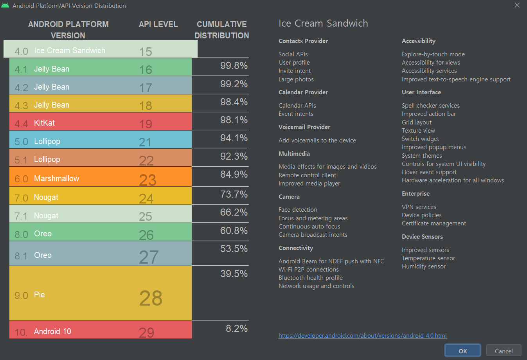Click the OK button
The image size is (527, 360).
[462, 351]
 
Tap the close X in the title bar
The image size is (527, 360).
[517, 5]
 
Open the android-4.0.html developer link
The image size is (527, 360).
[362, 335]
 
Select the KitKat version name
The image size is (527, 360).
[44, 123]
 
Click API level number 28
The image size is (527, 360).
[151, 298]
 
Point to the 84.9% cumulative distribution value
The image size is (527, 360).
[234, 174]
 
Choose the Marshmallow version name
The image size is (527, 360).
[56, 178]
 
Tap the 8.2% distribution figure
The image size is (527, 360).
[236, 328]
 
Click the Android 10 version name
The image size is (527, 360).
[52, 331]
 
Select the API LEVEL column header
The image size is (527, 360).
[158, 24]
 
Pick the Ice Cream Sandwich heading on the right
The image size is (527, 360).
[323, 23]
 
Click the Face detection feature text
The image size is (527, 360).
[298, 210]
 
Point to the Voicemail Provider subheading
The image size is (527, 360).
[304, 127]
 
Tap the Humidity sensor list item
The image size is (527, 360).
[423, 266]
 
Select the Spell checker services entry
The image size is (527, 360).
[430, 106]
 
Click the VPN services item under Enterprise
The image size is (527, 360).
[419, 207]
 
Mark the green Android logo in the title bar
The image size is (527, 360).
[5, 5]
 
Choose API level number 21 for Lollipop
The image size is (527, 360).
[145, 142]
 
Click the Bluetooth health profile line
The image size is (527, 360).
[310, 278]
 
